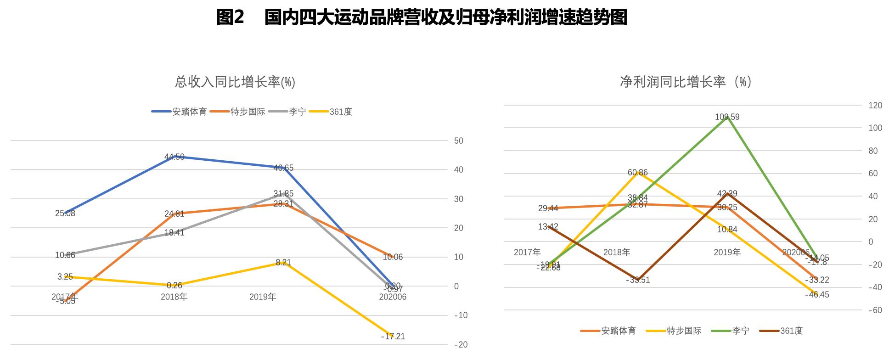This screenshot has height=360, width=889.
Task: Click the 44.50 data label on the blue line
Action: (174, 157)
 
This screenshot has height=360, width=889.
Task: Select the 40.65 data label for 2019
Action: (283, 168)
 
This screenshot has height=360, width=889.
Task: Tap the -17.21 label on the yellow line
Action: (393, 337)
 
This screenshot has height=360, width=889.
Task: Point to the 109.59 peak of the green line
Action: (727, 117)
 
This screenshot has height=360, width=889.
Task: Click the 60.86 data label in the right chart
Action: (638, 173)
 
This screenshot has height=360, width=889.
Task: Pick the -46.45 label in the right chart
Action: (817, 295)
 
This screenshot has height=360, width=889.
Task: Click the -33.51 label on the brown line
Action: (638, 280)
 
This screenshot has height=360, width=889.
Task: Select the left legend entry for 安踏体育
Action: (189, 112)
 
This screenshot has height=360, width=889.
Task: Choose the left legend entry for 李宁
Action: (297, 112)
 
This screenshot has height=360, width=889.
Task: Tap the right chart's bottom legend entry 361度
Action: (791, 331)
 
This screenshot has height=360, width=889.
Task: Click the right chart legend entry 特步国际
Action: (684, 331)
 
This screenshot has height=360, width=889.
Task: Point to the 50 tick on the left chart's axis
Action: (458, 141)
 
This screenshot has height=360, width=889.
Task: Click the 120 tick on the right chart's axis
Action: (875, 106)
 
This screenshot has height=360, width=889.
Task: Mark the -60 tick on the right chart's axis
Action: (875, 310)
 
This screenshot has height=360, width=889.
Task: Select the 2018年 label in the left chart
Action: (174, 297)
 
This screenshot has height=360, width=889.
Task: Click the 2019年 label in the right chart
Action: (727, 252)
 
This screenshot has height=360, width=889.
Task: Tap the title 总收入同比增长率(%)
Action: (235, 82)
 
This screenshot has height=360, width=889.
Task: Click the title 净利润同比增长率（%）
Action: (685, 82)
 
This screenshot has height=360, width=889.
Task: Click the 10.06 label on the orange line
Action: (393, 257)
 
